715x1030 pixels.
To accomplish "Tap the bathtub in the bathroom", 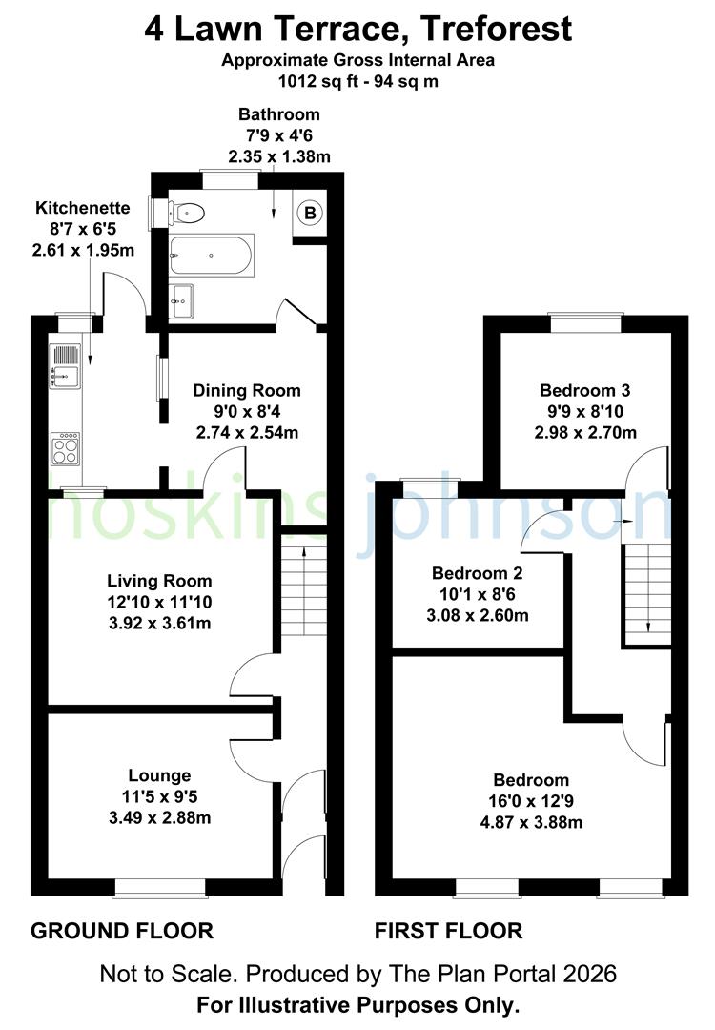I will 212,256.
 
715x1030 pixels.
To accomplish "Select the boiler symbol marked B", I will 310,213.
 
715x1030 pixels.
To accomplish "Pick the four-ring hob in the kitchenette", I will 65,447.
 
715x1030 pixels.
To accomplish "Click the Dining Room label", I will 247,390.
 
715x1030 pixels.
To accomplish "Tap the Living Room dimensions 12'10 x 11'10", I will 159,602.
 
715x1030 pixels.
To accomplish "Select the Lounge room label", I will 160,775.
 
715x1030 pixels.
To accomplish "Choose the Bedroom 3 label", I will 585,390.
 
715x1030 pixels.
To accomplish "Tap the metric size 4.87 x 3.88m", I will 532,822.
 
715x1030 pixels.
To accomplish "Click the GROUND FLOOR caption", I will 122,931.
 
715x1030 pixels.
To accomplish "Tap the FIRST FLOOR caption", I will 448,931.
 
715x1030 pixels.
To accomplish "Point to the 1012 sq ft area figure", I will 310,81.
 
